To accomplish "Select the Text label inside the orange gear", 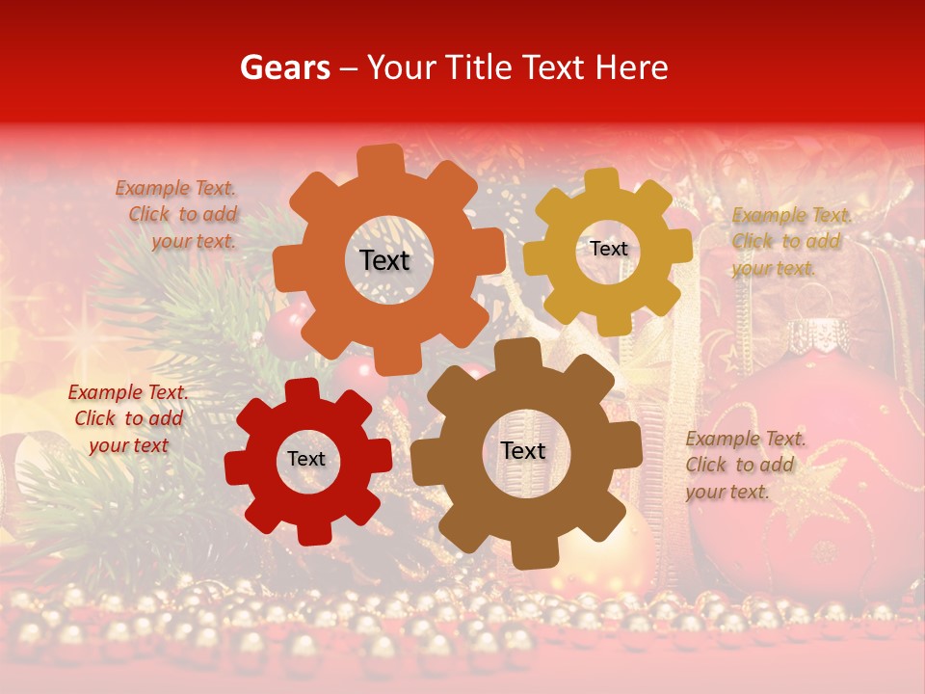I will coord(384,260).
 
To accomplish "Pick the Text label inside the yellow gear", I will coord(608,249).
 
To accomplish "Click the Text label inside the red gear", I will coord(306,460).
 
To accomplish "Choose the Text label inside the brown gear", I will coord(522,451).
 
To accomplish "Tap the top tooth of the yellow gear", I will coord(601,180).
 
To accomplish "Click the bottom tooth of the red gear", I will coord(311,531).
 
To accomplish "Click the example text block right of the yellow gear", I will coord(790,241).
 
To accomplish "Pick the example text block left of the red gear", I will coord(128,418).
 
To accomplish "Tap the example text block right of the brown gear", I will coord(744,465).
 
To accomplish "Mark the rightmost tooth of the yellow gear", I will coord(680,245).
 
